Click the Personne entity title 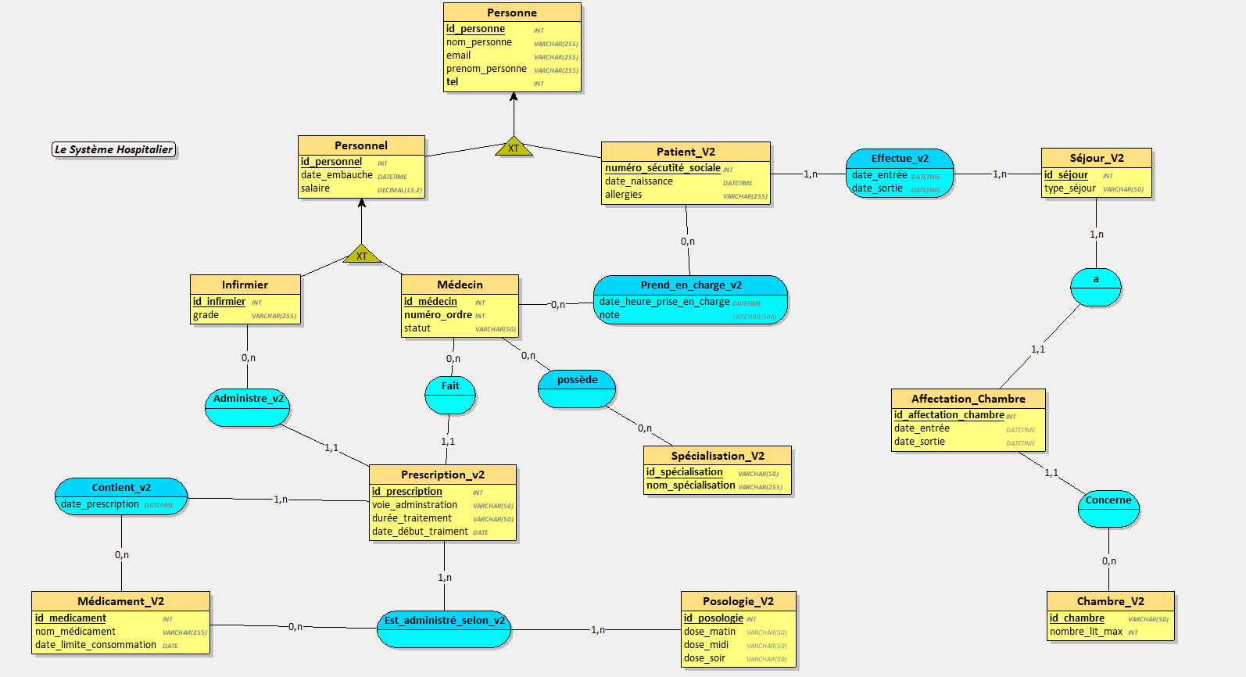[512, 13]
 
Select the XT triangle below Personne [514, 147]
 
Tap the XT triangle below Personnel [361, 255]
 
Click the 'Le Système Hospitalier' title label [114, 149]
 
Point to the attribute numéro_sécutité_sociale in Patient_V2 [662, 168]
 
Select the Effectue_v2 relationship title [900, 158]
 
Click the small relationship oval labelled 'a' [1095, 286]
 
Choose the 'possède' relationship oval [577, 389]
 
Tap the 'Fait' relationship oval [450, 394]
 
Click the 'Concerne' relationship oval [1108, 507]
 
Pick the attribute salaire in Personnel [315, 188]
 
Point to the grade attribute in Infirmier [206, 315]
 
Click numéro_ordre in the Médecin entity [438, 315]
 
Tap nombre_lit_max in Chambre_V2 [1086, 632]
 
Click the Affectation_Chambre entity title [968, 399]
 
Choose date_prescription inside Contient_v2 [100, 504]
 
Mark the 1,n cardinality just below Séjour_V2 [1096, 235]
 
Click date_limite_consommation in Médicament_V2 [95, 645]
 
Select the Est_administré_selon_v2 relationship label [444, 621]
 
